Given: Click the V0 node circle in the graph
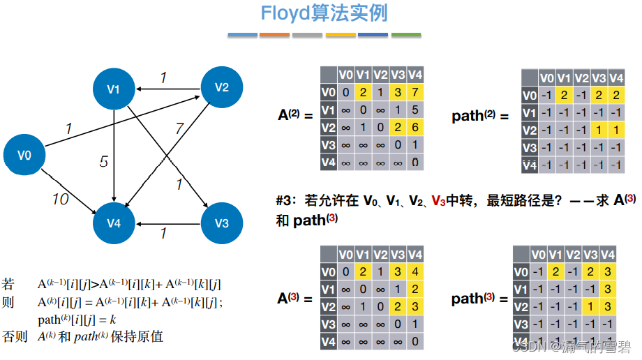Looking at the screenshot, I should (x=24, y=155).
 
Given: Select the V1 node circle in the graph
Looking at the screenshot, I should (x=114, y=89).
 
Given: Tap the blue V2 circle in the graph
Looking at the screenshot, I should (x=221, y=87).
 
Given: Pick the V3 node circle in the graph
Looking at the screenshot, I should (x=221, y=223).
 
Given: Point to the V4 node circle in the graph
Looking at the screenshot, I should (x=114, y=223).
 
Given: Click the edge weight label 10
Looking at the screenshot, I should (x=61, y=200).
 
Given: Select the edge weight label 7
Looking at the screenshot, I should (x=179, y=128).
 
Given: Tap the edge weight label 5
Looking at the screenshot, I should (x=103, y=162).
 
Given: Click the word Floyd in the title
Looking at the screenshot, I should (x=285, y=13).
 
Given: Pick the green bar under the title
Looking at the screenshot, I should (x=406, y=34).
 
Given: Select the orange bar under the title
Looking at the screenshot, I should (x=275, y=34).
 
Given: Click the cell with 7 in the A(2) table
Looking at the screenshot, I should (x=415, y=93).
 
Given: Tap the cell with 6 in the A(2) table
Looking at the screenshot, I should (x=415, y=128).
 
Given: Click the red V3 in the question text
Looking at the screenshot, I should (x=438, y=202).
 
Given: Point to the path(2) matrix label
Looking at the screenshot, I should (x=480, y=116).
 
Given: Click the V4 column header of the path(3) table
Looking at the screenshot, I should (x=608, y=255).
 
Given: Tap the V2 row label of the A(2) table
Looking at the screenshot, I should (x=328, y=128).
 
